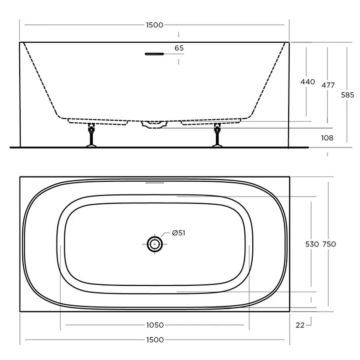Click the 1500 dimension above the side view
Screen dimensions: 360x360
coord(154,25)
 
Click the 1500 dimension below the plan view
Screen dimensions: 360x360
coord(155,340)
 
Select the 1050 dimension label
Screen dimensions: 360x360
coord(155,325)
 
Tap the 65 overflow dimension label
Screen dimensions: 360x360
coord(179,48)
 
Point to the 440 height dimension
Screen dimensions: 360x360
coord(307,82)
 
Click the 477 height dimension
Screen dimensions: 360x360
coord(328,85)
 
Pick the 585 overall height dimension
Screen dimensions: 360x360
coord(347,95)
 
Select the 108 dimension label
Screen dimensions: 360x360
coord(327,138)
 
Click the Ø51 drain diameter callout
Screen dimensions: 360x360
coord(178,233)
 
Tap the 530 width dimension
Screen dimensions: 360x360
coord(312,244)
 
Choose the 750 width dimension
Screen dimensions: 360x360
coord(329,244)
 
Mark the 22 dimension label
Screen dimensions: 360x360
coord(300,325)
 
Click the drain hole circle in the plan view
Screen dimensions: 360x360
coord(155,244)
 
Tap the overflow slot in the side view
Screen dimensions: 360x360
coord(154,54)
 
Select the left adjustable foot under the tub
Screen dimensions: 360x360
coord(91,135)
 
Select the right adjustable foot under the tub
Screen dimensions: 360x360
coord(217,135)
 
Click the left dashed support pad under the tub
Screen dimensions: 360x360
coord(98,121)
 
